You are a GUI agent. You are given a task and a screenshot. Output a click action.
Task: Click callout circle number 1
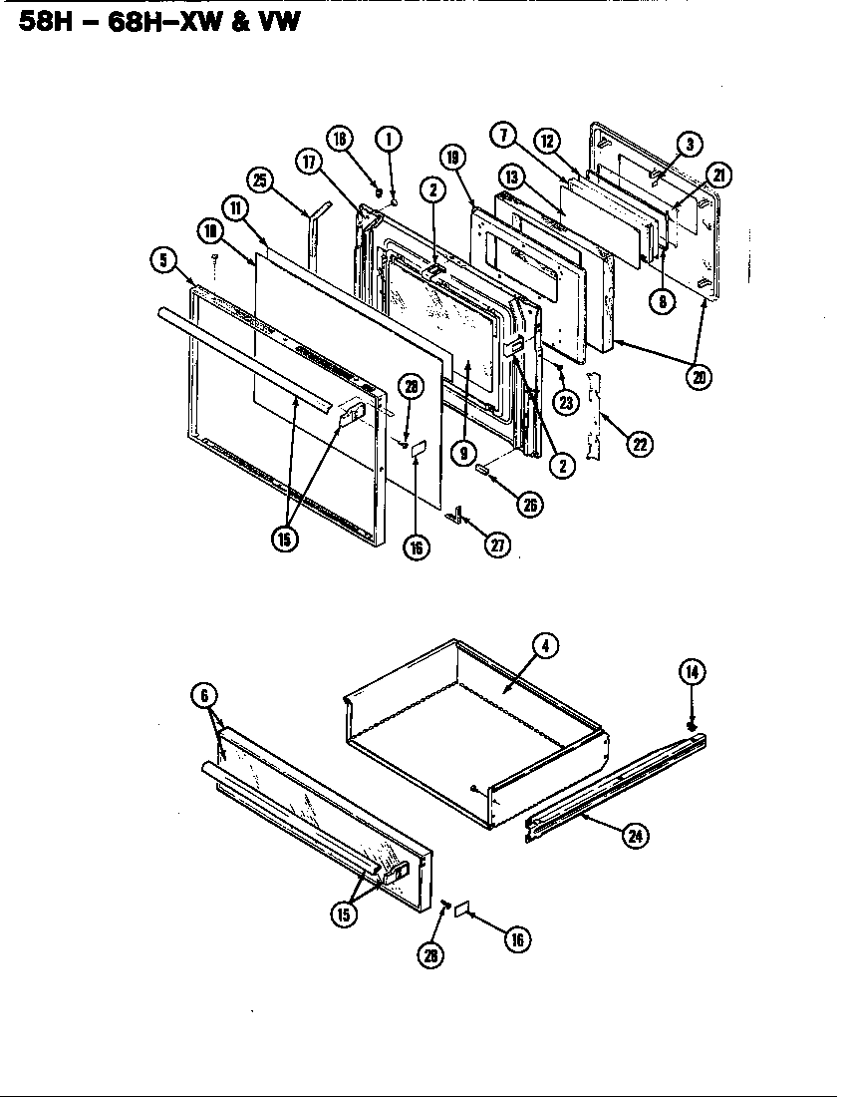389,139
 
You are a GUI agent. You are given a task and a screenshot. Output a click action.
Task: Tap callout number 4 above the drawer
545,645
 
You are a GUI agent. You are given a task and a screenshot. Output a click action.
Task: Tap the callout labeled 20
701,379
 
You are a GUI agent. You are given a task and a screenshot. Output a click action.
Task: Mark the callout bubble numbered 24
633,836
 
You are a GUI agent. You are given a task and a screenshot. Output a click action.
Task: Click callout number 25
261,181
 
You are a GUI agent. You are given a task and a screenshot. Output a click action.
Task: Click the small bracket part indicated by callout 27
459,514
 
